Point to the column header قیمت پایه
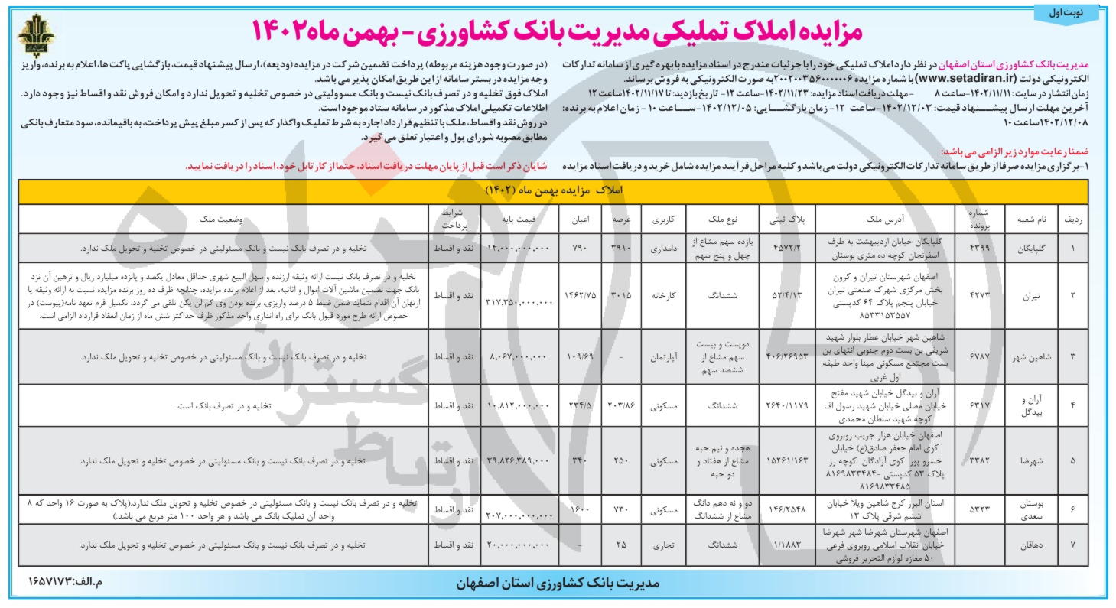(x=519, y=218)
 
